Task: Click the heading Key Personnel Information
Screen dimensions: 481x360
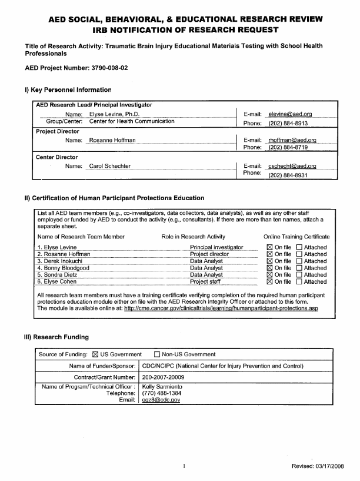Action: coord(68,89)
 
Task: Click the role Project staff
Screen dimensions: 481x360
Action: coord(205,282)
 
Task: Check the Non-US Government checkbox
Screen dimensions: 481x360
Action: coord(157,354)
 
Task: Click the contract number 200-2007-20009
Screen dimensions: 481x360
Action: coord(169,377)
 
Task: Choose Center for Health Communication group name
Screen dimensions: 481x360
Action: coord(132,121)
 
